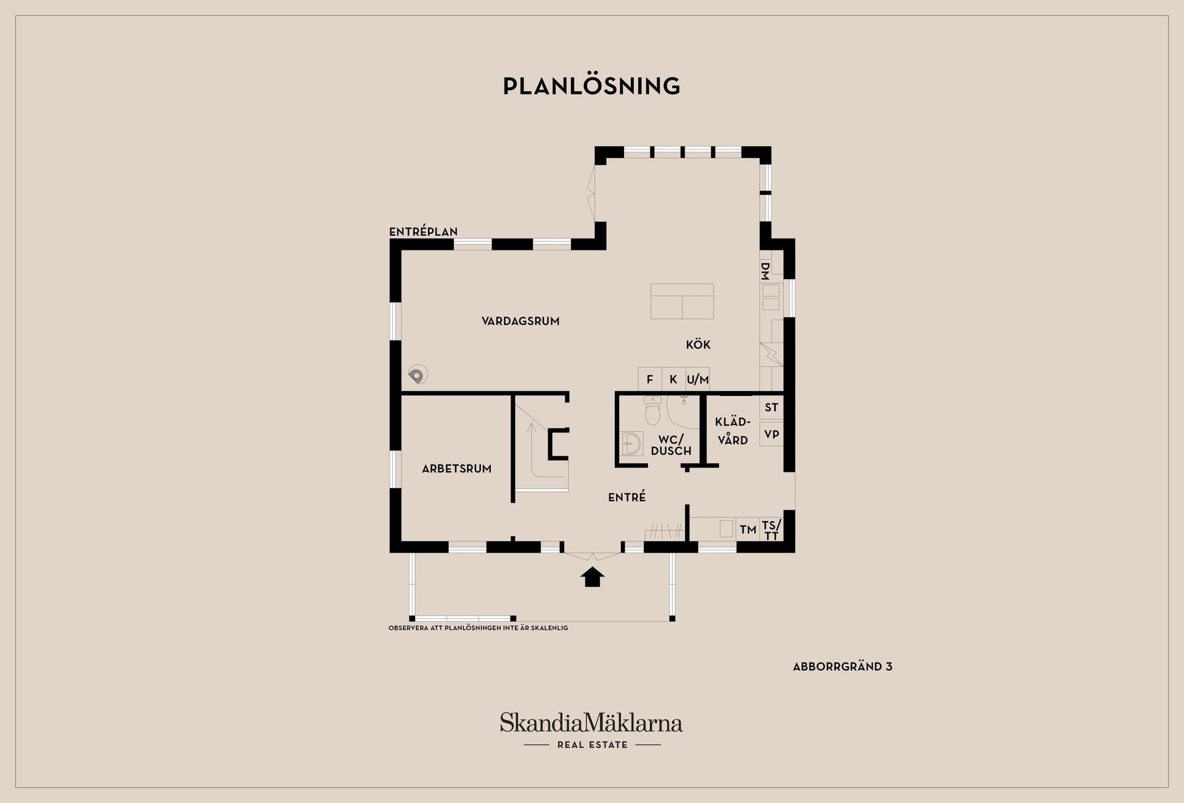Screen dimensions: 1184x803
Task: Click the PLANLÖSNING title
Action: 591,86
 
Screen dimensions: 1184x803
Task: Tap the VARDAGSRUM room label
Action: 520,321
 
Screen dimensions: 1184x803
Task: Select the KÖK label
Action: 698,344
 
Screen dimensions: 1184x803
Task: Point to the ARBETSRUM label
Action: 456,469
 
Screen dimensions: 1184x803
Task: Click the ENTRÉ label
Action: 627,496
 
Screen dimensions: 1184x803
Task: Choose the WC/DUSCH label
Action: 671,445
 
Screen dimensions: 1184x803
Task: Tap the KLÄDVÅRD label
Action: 733,431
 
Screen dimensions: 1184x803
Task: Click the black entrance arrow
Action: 592,577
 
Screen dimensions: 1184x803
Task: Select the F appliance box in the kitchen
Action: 649,379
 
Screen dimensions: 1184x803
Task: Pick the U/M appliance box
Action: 697,379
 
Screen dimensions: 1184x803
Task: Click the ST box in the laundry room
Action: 771,407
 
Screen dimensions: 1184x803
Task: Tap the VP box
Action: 771,434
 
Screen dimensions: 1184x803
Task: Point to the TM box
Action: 748,529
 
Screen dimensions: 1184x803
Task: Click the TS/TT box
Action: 771,529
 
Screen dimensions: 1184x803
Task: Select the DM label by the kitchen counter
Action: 765,270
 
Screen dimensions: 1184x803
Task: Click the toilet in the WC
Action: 652,411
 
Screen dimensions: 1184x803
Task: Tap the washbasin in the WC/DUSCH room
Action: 631,443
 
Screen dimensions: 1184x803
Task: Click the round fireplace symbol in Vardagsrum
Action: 417,374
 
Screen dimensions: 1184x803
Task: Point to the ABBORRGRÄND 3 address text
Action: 842,667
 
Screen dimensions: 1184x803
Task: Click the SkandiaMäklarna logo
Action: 591,730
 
